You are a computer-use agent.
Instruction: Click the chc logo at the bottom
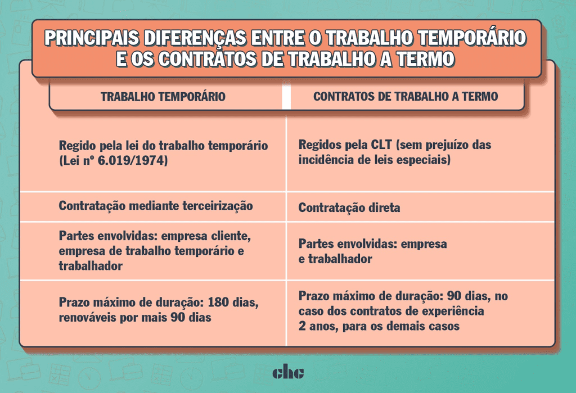tap(288, 373)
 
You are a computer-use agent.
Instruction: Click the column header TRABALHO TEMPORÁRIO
tap(163, 97)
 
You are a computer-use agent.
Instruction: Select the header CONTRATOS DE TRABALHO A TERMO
tap(406, 97)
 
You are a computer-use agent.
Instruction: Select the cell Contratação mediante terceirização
tap(156, 206)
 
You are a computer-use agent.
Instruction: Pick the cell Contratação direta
tap(349, 208)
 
